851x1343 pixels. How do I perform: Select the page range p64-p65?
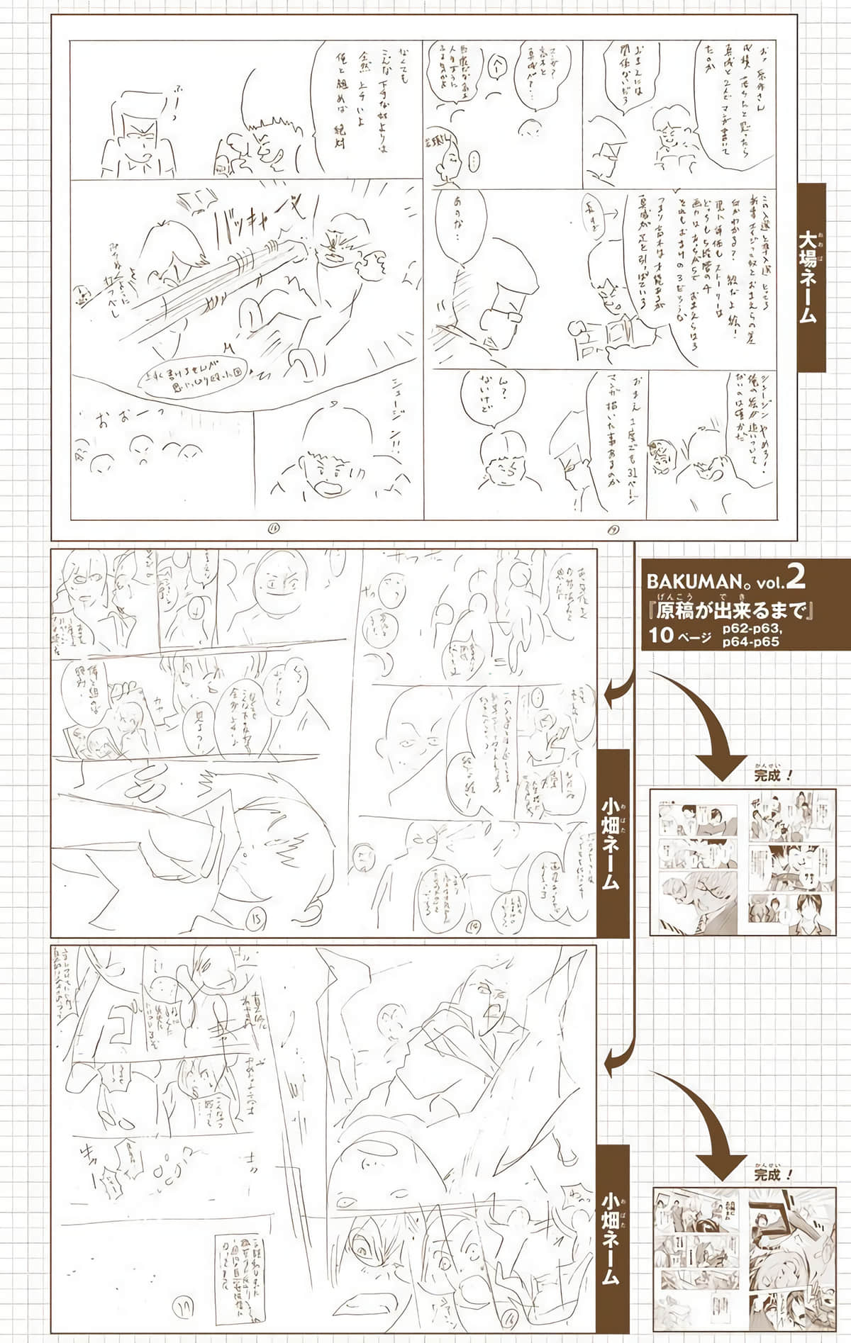(x=751, y=642)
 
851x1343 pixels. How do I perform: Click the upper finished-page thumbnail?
(x=744, y=862)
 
